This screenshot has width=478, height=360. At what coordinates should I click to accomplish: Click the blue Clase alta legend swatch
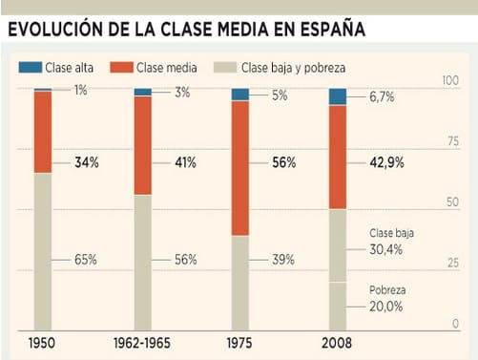coord(31,68)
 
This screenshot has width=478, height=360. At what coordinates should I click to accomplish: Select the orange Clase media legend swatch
coord(121,68)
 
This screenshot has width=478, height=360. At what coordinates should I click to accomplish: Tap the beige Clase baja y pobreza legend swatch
coord(225,68)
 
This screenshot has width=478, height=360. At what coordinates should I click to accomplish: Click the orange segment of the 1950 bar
coord(43,132)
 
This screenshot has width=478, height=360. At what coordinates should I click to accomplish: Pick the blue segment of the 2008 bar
coord(338,96)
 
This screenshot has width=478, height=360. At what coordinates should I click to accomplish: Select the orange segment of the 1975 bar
coord(240,168)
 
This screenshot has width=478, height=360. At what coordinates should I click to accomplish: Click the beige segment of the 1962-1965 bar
coord(143,263)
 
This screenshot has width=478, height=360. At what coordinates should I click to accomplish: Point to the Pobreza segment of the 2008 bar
coord(338,307)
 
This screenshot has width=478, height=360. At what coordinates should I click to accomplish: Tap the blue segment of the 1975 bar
coord(240,95)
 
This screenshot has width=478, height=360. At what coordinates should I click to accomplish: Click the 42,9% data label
coord(386,162)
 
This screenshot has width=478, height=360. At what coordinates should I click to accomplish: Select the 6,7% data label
coord(382,96)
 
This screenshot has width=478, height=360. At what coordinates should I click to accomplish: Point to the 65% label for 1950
coord(86,260)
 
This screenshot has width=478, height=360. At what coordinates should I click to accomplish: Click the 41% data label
coord(185,162)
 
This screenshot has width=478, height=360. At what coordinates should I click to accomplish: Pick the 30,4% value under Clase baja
coord(385,249)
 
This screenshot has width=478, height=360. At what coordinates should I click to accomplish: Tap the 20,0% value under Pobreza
coord(385,307)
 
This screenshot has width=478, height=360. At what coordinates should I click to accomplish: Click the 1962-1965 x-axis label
coord(142,343)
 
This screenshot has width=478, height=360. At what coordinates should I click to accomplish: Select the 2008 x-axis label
coord(337,343)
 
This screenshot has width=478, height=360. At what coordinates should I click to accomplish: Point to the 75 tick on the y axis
coord(453,140)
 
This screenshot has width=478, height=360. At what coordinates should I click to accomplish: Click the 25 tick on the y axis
coord(453,263)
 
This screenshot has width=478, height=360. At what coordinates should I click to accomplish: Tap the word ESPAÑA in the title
coord(333,29)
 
